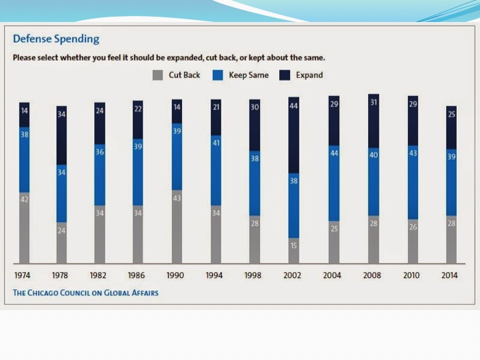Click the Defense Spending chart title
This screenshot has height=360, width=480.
[56, 39]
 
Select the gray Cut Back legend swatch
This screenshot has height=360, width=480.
[157, 75]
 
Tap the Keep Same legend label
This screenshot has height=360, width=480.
[249, 75]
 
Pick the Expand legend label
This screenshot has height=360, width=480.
[309, 75]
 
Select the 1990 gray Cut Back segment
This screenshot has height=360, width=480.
[177, 227]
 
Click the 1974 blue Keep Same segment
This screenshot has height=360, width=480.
[25, 160]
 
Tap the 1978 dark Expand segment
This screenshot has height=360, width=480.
[61, 135]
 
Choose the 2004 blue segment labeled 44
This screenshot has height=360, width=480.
[333, 183]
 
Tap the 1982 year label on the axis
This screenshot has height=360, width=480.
[99, 275]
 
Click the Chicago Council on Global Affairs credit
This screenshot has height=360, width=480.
[86, 293]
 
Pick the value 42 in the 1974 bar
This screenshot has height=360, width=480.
[25, 199]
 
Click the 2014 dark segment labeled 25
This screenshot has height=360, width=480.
[451, 127]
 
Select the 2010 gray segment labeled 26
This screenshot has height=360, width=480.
[413, 241]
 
